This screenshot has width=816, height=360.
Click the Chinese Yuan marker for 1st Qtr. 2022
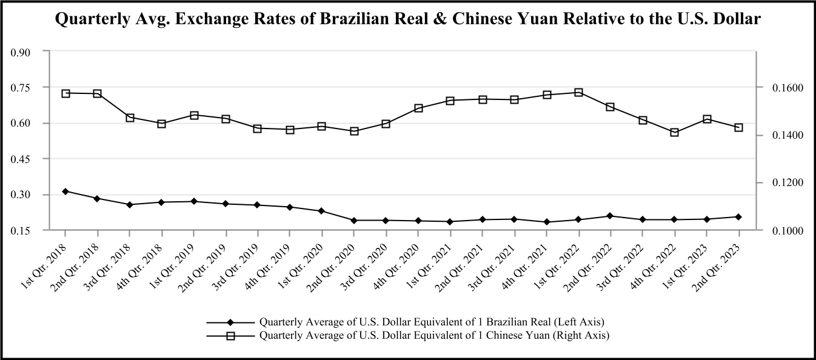578,93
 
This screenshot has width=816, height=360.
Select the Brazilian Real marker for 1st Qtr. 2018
65,192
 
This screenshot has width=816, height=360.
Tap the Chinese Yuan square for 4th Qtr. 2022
674,132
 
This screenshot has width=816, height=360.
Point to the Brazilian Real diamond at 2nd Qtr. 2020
354,221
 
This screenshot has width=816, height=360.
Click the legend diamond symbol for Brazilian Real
230,322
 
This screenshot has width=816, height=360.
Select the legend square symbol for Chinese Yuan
230,335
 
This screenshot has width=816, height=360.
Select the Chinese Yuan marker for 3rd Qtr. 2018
130,118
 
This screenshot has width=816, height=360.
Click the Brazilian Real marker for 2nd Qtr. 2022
610,216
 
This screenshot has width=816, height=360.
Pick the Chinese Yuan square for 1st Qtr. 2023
706,119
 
